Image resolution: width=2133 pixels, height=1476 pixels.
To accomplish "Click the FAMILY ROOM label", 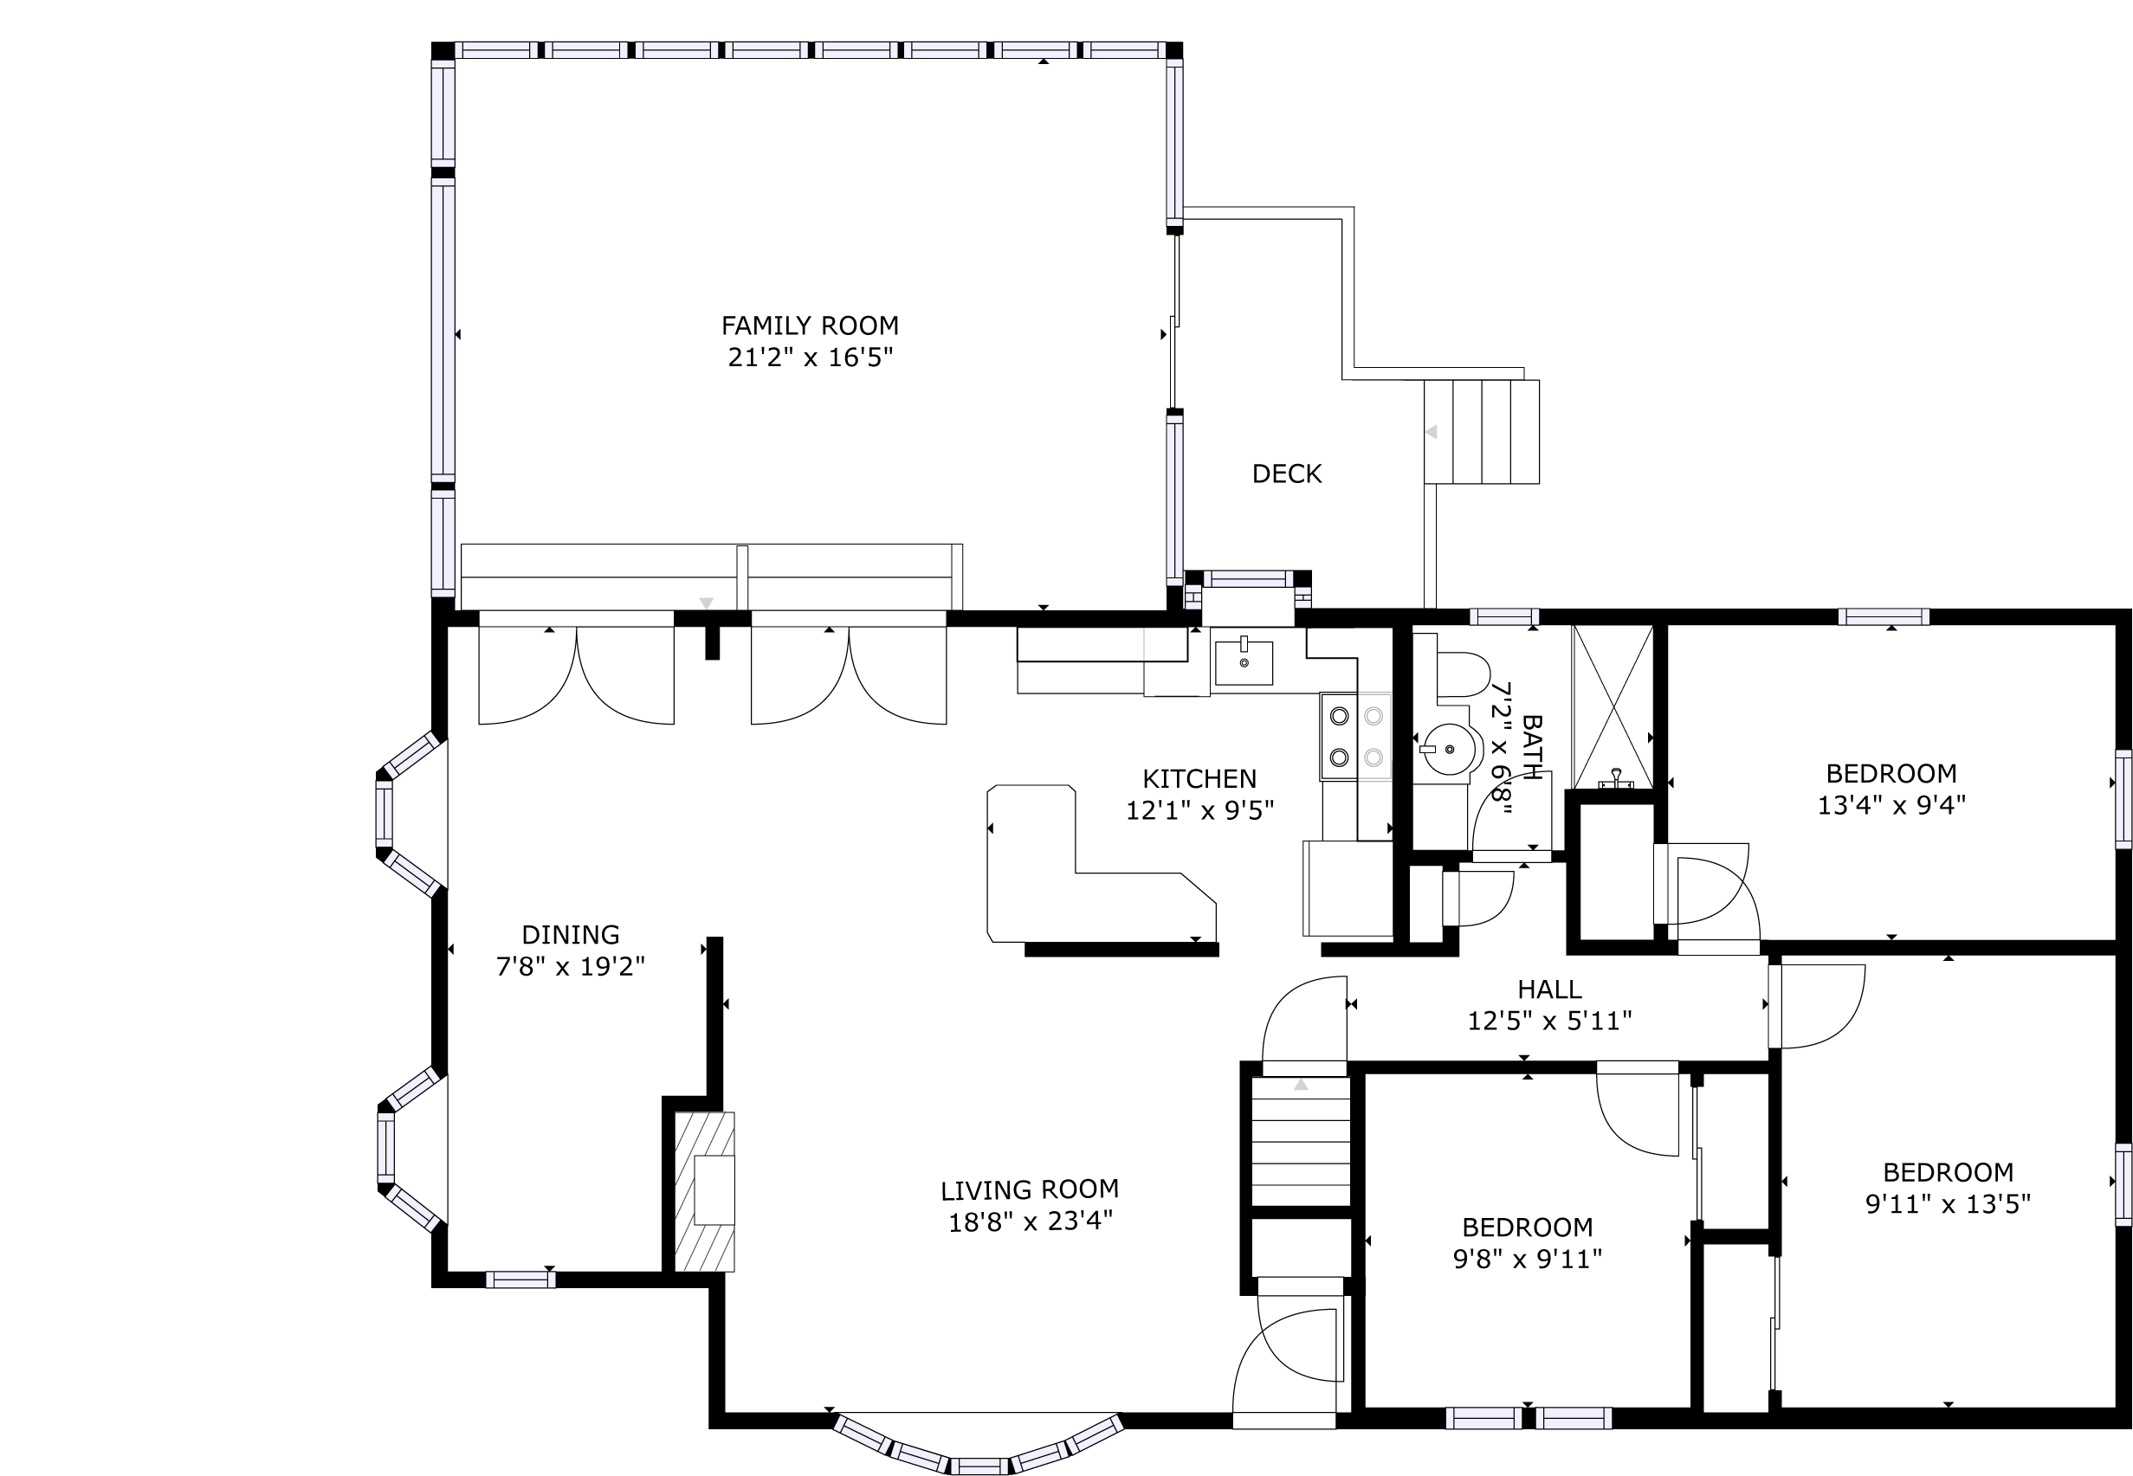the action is click(810, 325).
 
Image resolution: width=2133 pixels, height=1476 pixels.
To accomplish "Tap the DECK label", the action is click(1287, 474).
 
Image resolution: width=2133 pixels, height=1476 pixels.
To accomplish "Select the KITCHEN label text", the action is click(1199, 779).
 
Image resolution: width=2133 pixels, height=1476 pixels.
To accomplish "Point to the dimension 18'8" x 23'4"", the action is click(1031, 1221).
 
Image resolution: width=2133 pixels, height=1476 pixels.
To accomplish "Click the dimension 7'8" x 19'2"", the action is click(571, 966).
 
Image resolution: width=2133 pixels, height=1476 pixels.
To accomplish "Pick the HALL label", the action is click(1549, 989).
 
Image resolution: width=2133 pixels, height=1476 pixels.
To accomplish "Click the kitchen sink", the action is click(1244, 661).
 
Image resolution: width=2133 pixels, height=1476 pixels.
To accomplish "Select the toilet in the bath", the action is click(1463, 674).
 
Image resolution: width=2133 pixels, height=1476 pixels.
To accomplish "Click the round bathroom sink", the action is click(1444, 749).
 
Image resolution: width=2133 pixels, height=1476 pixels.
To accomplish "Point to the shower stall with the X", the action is click(1613, 706).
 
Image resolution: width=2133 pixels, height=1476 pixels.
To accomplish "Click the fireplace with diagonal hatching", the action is click(704, 1191).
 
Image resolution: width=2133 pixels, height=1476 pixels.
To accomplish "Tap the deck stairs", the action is click(1481, 431).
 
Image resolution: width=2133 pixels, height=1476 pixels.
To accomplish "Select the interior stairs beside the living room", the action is click(1301, 1142).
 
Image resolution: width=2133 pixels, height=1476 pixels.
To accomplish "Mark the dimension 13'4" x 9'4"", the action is click(1891, 805).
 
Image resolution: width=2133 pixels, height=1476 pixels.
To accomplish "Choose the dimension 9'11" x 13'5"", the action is click(1948, 1204).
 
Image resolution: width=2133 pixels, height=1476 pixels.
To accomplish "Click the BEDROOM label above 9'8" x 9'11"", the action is click(1527, 1228).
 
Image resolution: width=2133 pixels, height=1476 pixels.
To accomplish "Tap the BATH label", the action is click(1531, 747).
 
